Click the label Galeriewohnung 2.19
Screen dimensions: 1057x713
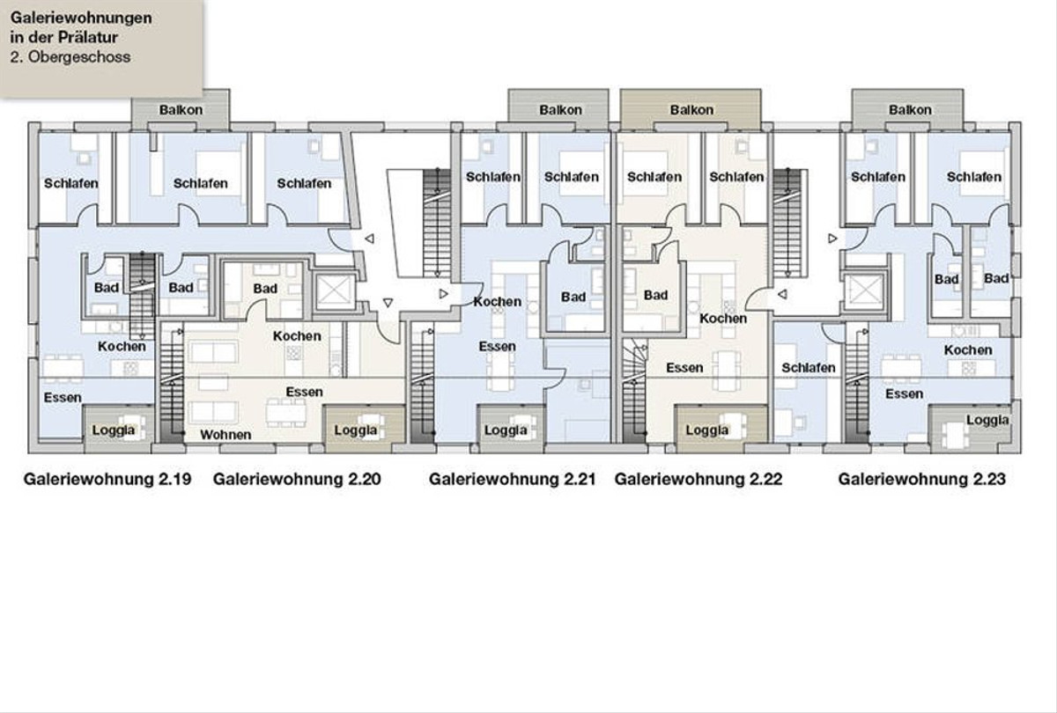(x=107, y=479)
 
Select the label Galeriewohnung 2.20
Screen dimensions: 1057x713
(x=297, y=479)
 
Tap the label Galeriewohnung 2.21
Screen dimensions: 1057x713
(x=512, y=479)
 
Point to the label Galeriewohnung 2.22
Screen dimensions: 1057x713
(x=699, y=479)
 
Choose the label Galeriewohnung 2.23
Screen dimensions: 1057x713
(x=922, y=479)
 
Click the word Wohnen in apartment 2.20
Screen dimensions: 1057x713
(x=225, y=435)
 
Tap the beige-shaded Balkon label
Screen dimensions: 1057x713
(x=691, y=110)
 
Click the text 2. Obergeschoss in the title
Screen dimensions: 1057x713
(x=70, y=57)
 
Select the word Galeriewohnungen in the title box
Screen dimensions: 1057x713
(x=81, y=18)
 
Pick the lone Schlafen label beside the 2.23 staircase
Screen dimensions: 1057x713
(x=809, y=368)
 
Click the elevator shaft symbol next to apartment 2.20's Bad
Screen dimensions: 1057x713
(x=334, y=292)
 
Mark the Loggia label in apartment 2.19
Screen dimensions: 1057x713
(x=114, y=430)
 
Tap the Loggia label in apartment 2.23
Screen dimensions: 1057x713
(x=987, y=420)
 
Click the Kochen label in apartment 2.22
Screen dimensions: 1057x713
(x=723, y=319)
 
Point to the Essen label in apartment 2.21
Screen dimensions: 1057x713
(x=498, y=347)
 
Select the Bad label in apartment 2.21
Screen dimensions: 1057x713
(x=573, y=298)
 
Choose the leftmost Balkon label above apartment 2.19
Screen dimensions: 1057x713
(x=181, y=110)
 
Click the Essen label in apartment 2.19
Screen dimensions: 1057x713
(x=63, y=398)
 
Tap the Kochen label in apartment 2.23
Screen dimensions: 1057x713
(x=968, y=350)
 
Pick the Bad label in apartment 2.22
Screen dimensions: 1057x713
(x=656, y=295)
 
